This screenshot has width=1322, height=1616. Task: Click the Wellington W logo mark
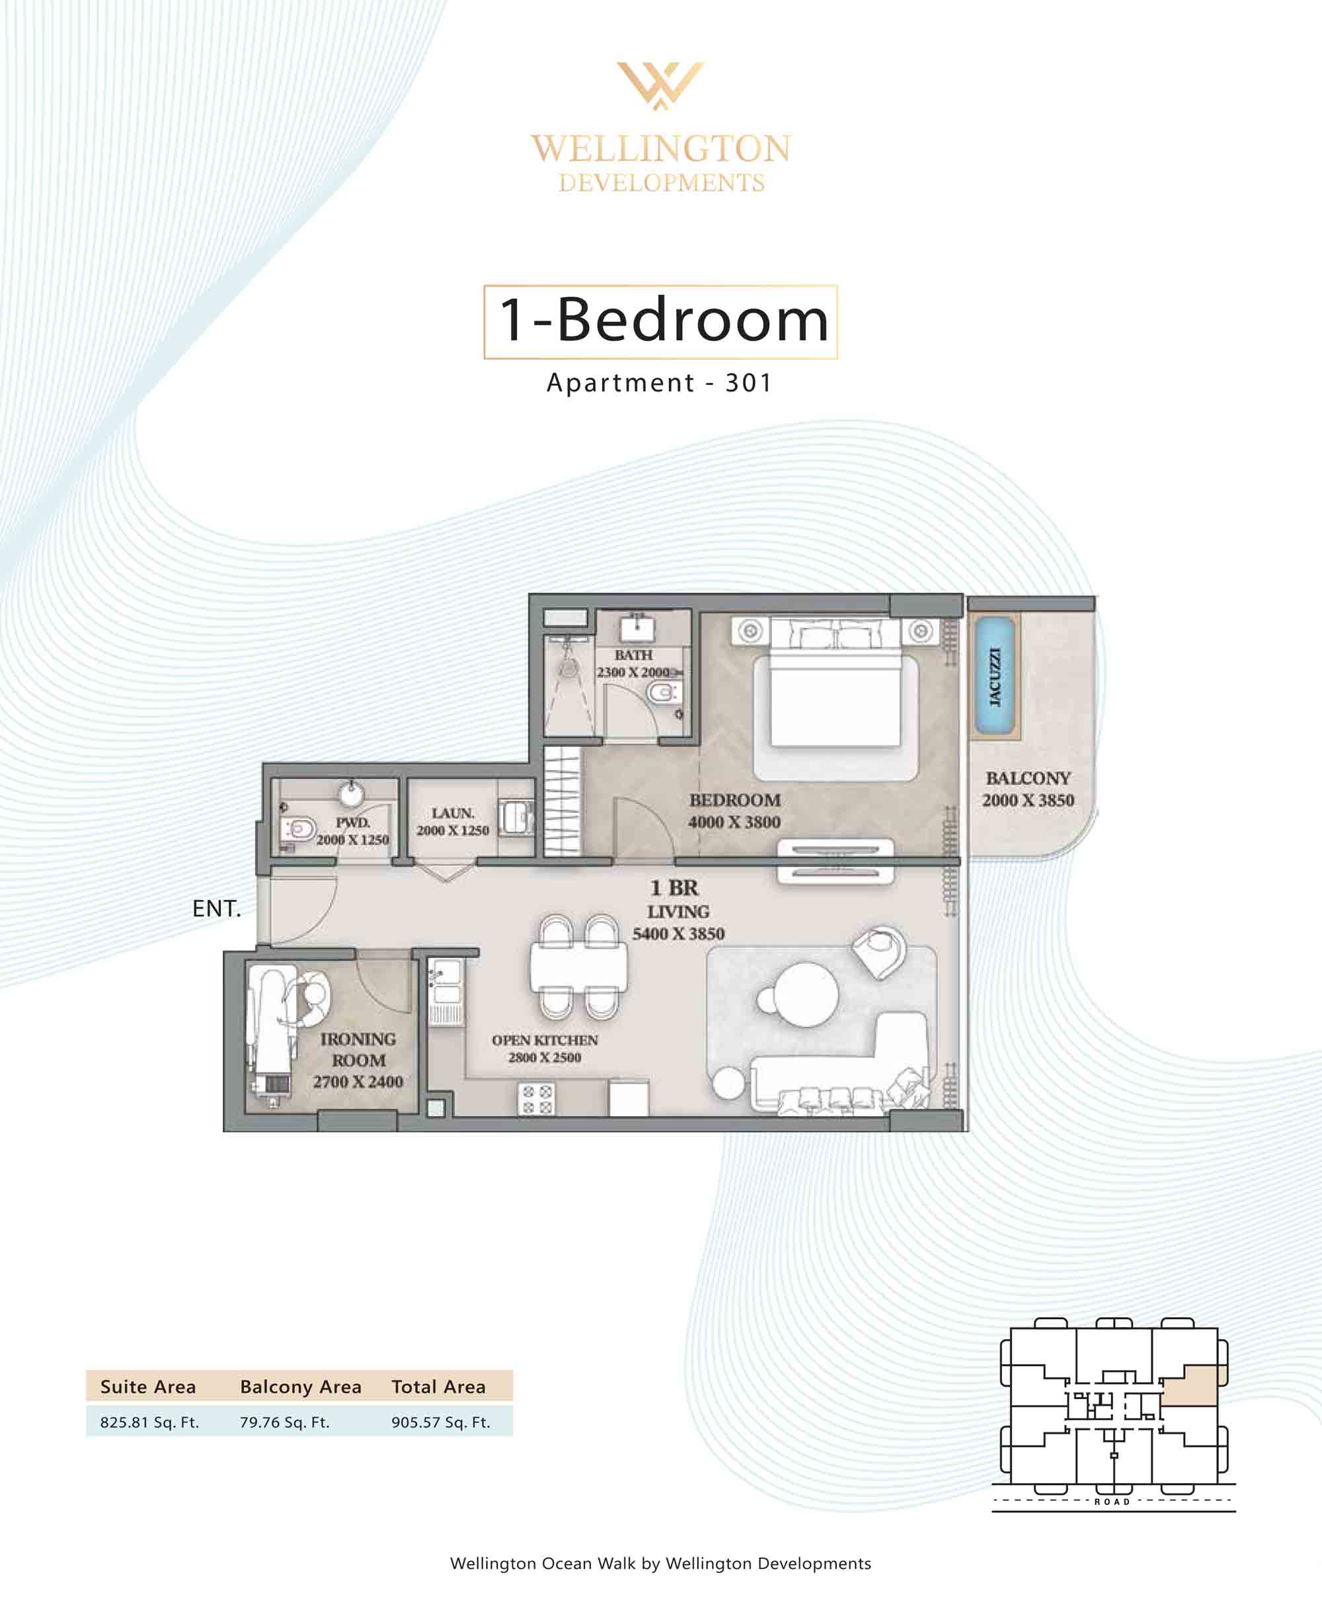click(660, 85)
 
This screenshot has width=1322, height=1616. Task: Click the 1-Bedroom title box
click(660, 321)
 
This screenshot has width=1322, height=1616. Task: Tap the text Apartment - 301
click(660, 382)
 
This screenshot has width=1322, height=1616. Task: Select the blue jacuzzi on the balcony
click(995, 676)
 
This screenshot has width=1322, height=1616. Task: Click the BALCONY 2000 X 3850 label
click(1028, 789)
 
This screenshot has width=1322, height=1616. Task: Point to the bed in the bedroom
click(836, 692)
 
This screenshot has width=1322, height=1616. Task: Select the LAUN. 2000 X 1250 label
click(452, 822)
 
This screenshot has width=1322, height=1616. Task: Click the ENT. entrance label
click(216, 909)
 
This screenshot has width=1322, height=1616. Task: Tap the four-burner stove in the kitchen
click(536, 1099)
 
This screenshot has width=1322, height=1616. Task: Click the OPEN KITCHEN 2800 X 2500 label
click(545, 1049)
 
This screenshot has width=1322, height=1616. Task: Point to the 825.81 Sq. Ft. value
click(149, 1422)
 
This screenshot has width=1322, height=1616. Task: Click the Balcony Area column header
click(300, 1387)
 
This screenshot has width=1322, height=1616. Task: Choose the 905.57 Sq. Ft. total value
click(441, 1422)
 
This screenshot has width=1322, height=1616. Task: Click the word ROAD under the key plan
click(1112, 1502)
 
